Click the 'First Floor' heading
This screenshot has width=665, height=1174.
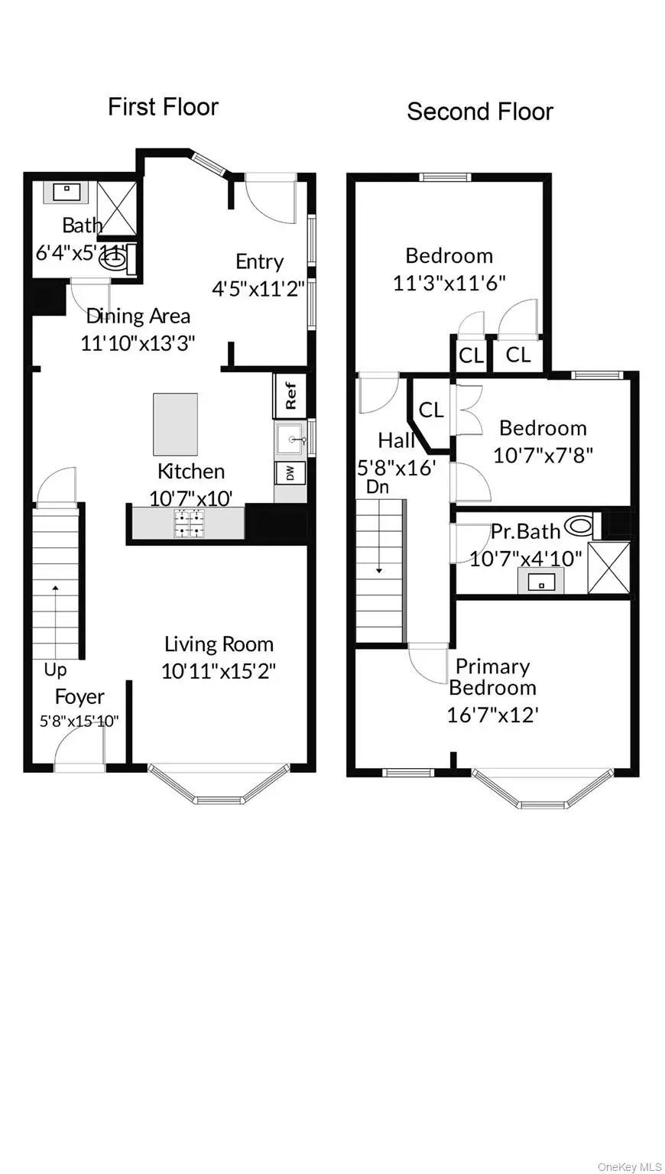163,107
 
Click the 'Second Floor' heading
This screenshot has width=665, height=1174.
479,112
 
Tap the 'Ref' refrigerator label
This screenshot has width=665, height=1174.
290,394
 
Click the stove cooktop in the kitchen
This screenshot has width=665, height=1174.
189,523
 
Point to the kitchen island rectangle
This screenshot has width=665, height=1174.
175,424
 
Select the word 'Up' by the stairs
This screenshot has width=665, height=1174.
55,670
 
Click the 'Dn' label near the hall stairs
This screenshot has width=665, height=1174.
377,487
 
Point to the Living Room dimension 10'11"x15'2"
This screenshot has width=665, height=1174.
219,671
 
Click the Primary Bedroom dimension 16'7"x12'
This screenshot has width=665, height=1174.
493,715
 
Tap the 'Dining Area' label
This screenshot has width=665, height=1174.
138,316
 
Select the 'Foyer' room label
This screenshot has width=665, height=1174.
79,697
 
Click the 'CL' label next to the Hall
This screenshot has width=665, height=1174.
431,410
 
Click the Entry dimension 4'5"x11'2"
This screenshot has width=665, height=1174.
258,288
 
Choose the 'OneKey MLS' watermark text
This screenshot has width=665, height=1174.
630,1166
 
